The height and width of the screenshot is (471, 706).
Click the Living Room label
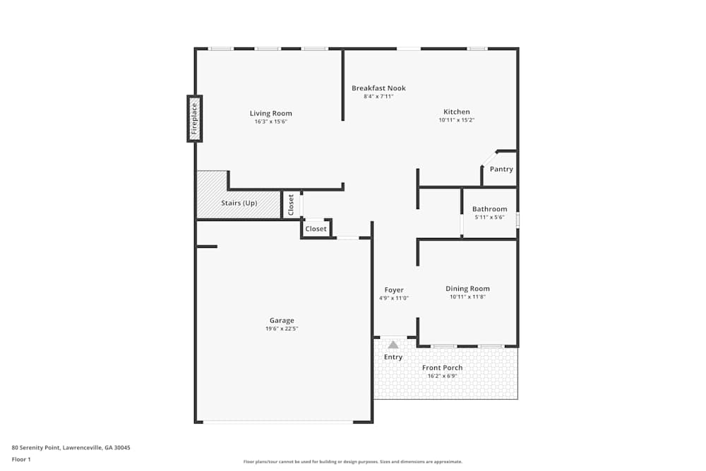pos(270,114)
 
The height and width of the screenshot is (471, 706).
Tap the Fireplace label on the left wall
pos(195,119)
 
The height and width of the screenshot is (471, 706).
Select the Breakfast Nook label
pos(378,88)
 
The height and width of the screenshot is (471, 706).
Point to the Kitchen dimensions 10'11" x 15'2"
pos(456,120)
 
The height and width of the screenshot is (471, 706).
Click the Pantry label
pos(501,169)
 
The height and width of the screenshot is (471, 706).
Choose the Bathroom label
pos(489,209)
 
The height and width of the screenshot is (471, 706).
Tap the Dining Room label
pos(467,289)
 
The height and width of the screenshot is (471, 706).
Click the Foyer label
pos(394,290)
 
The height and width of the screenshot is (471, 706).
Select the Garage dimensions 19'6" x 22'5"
pos(282,328)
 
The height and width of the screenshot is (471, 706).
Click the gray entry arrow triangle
pos(393,345)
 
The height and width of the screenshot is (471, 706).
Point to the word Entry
pos(393,357)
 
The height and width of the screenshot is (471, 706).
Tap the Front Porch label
pos(442,368)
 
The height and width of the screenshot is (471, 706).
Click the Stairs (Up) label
pos(239,203)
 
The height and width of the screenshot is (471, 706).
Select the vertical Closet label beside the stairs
pos(291,205)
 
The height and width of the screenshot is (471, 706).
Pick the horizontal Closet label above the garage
pos(316,229)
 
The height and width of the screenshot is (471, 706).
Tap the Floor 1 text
pos(21,459)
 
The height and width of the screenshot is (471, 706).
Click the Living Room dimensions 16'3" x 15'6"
pos(270,121)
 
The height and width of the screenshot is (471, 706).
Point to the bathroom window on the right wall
pos(517,220)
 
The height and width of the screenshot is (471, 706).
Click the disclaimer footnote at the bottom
pos(353,462)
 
